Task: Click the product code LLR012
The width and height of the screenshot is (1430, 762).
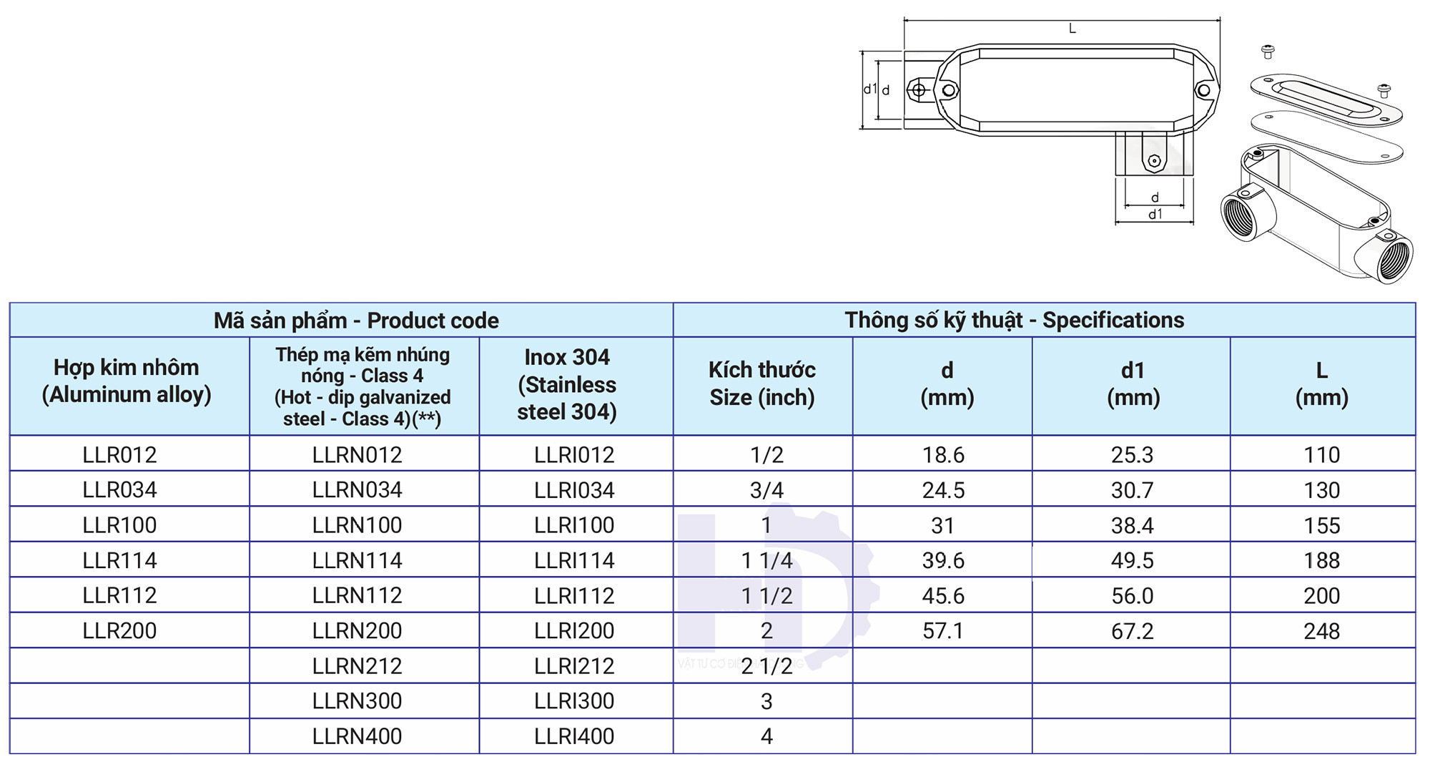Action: click(119, 454)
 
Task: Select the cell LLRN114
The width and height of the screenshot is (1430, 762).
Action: click(357, 560)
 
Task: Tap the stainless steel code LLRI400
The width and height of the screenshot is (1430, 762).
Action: click(574, 736)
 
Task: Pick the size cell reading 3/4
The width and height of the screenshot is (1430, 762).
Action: click(766, 490)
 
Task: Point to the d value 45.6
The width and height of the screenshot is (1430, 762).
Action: click(943, 596)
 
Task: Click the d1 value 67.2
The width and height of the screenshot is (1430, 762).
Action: click(1133, 631)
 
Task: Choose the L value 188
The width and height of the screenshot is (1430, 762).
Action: click(1321, 560)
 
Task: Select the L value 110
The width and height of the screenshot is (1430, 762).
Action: click(1321, 454)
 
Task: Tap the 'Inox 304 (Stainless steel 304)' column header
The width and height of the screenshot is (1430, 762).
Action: click(567, 384)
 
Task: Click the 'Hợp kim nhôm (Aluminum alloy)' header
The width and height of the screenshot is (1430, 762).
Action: click(127, 381)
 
